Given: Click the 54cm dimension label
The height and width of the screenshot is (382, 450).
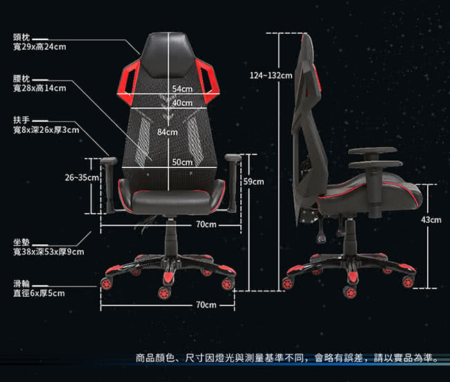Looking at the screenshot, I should click(x=182, y=89).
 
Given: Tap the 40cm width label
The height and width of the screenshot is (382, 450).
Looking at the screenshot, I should click(x=182, y=102).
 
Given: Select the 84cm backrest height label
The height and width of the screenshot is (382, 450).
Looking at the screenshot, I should click(x=168, y=131).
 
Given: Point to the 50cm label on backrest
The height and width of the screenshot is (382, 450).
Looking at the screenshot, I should click(x=181, y=162).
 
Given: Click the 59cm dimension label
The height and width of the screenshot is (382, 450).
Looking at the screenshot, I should click(x=254, y=181).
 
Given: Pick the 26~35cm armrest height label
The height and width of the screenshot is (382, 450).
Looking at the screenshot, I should click(x=82, y=178).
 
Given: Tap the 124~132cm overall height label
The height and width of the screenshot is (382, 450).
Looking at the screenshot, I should click(x=271, y=75).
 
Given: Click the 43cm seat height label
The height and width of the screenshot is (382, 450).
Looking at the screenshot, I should click(x=431, y=219).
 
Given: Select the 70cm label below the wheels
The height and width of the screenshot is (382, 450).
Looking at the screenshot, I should click(x=206, y=304).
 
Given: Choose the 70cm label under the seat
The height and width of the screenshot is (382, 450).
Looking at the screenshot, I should click(x=206, y=224).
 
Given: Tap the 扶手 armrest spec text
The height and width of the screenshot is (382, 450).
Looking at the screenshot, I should click(x=46, y=125).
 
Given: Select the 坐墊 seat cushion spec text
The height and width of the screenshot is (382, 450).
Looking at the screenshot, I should click(x=48, y=247).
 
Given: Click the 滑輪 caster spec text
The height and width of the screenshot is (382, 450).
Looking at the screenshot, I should click(x=39, y=288).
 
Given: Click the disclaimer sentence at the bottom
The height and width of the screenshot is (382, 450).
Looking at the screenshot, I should click(x=286, y=358).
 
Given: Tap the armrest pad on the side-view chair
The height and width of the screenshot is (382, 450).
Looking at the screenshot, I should click(x=372, y=150).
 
